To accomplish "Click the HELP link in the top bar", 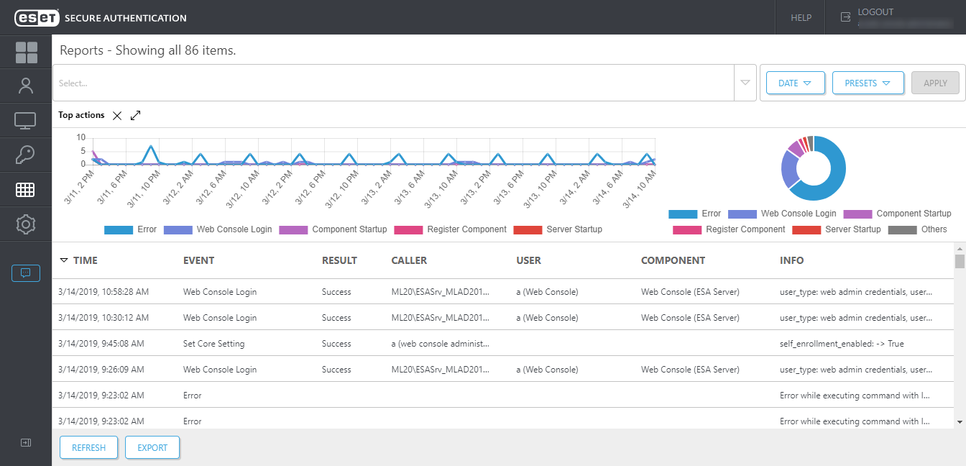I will click(801, 17).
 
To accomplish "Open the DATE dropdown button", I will click(794, 83).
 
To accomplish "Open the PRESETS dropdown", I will click(868, 83).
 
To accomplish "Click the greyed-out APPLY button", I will click(934, 83).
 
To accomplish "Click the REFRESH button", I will click(88, 447).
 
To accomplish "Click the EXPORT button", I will click(152, 447).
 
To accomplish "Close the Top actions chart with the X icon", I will click(117, 116).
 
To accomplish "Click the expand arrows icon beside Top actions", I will click(136, 116).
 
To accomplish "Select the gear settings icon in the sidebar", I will click(26, 224).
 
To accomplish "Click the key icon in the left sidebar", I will click(26, 155).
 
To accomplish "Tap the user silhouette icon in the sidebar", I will click(26, 86).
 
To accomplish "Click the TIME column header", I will click(85, 260).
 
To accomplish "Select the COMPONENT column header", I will click(673, 260).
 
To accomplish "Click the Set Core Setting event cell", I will click(213, 344).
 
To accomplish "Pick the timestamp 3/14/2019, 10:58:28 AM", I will click(103, 292).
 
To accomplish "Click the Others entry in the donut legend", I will click(934, 229).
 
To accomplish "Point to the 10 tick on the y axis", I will click(81, 137).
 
